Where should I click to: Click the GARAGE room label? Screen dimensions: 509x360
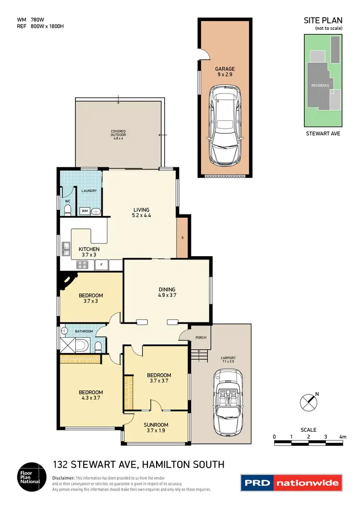pos(225,72)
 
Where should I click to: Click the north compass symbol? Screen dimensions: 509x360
pos(308,402)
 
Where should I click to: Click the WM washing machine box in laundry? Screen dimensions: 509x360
pos(84,211)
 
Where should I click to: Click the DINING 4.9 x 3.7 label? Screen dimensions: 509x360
pos(167,292)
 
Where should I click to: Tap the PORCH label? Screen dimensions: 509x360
pos(201,337)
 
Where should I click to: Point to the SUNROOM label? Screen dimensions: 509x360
pos(156,427)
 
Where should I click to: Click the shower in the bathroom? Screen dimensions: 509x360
pos(68,344)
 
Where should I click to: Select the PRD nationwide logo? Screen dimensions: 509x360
pos(291,483)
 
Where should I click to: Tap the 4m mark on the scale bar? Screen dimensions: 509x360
pos(343,437)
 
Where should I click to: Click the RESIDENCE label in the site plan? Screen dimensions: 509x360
pos(320,85)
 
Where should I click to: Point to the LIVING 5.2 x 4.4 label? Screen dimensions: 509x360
pos(141,213)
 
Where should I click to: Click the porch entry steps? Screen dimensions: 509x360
pos(199,355)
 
